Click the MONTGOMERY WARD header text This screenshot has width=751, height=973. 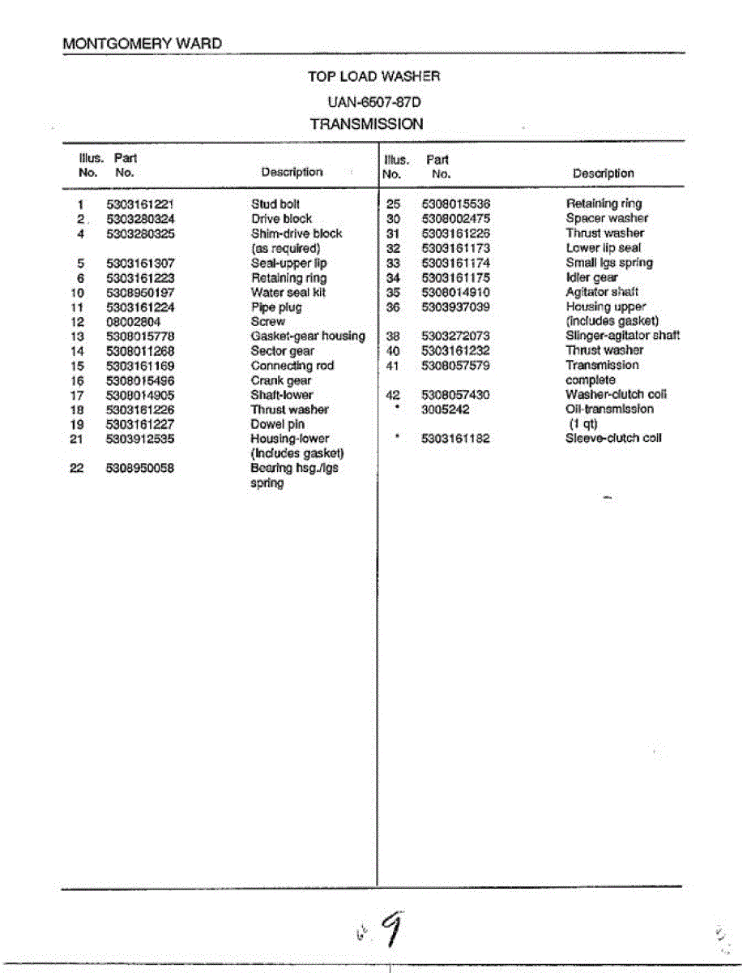[142, 43]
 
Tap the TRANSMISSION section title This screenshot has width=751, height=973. [366, 124]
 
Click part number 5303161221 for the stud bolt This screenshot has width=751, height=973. [140, 204]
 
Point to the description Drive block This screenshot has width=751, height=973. [281, 219]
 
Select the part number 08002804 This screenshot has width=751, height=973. [133, 322]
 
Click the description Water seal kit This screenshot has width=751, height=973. [288, 293]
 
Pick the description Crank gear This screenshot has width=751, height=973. [280, 380]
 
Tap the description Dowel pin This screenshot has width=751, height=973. [277, 424]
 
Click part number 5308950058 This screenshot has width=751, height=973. [140, 468]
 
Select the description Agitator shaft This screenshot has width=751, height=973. [602, 292]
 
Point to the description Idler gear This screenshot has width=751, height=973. [591, 277]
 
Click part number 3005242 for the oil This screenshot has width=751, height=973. [446, 409]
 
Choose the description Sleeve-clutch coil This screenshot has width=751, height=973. [613, 438]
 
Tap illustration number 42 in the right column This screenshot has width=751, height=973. [394, 395]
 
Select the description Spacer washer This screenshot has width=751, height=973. [607, 218]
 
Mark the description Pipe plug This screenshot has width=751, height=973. [276, 307]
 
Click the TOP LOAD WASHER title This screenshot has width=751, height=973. [374, 76]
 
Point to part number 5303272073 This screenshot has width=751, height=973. [456, 336]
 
